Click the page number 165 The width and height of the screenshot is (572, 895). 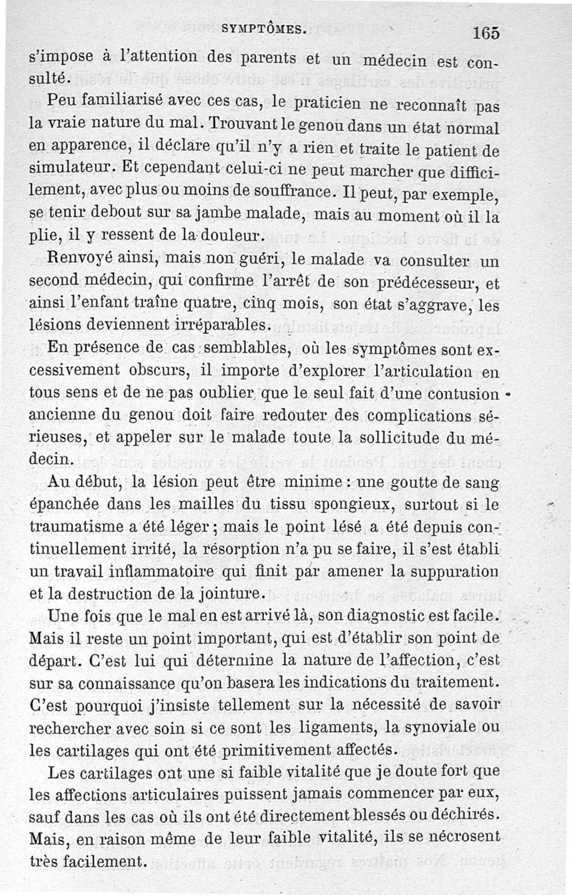[485, 32]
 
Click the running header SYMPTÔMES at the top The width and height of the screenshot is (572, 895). [265, 29]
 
